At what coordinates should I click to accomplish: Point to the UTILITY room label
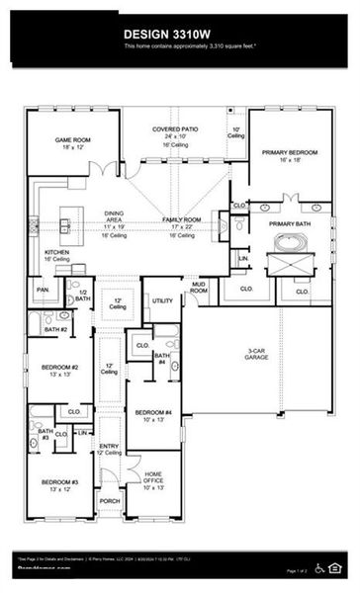pyautogui.click(x=162, y=300)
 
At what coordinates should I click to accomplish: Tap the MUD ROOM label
pyautogui.click(x=198, y=288)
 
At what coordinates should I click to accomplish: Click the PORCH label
pyautogui.click(x=110, y=501)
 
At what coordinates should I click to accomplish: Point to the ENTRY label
pyautogui.click(x=110, y=447)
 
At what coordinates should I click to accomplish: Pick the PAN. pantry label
pyautogui.click(x=44, y=290)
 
